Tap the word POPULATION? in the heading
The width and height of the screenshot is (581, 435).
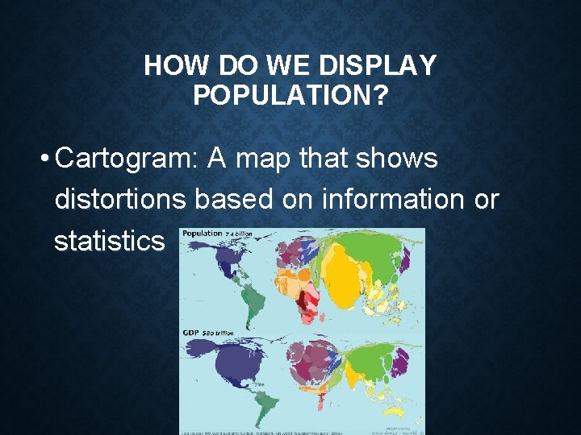pyautogui.click(x=290, y=96)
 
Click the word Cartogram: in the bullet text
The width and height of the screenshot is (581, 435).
pyautogui.click(x=127, y=159)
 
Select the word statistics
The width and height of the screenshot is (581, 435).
pyautogui.click(x=108, y=241)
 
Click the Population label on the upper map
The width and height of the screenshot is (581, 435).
pyautogui.click(x=202, y=234)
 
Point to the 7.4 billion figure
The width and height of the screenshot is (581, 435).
pyautogui.click(x=240, y=234)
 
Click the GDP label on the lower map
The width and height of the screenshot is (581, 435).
pyautogui.click(x=191, y=331)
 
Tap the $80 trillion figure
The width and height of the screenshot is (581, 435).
pyautogui.click(x=219, y=332)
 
